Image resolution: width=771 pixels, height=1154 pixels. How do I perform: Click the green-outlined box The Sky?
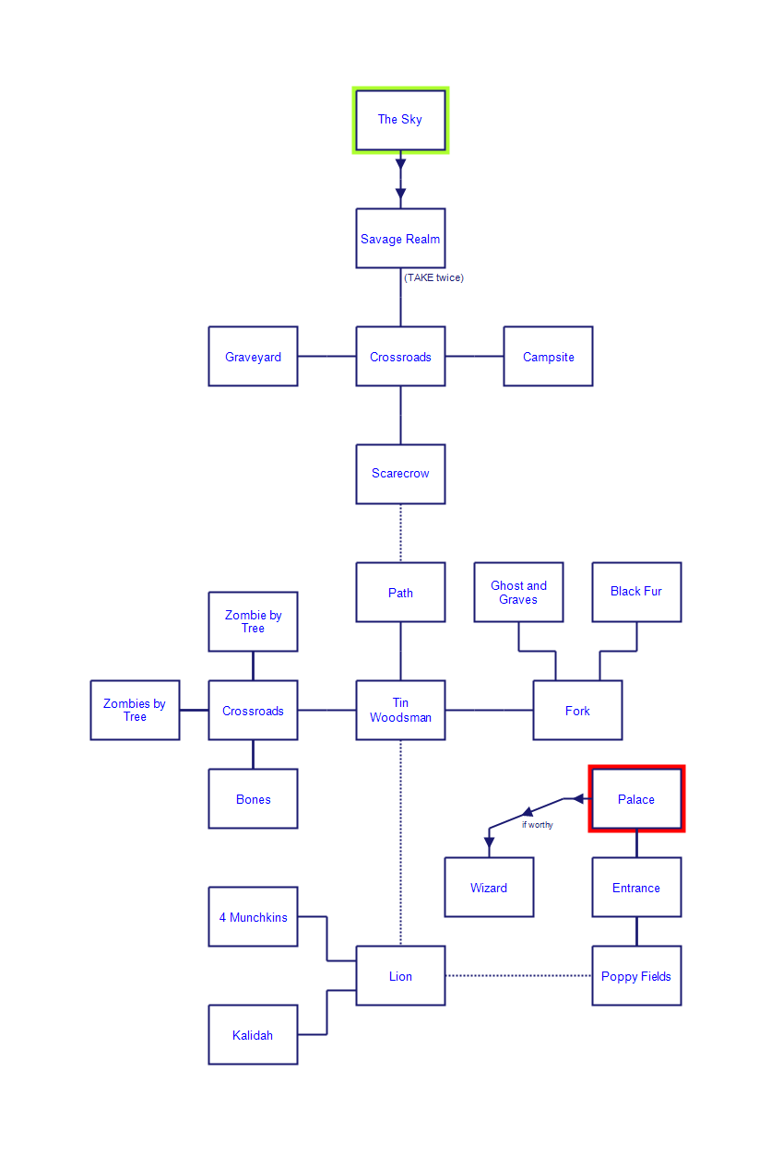[x=400, y=120]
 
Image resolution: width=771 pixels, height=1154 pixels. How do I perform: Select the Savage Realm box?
[x=400, y=239]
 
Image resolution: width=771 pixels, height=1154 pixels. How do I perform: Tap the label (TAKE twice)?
[x=433, y=277]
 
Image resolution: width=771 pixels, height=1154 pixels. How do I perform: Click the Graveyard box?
[x=253, y=357]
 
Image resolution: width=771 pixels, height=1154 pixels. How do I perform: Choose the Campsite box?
[x=548, y=357]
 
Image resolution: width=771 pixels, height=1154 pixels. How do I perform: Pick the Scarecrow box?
[x=400, y=474]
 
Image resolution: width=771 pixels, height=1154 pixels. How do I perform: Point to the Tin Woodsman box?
[x=400, y=710]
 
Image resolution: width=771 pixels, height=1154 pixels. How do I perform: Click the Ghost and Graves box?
[x=518, y=592]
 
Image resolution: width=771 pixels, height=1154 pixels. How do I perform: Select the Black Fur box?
[x=636, y=592]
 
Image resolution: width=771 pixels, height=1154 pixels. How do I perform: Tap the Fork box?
[x=577, y=710]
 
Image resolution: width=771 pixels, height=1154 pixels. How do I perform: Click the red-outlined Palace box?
[x=636, y=799]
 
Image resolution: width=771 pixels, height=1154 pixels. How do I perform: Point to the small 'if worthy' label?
[x=538, y=825]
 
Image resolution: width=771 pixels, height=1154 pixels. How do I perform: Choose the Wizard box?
[x=489, y=888]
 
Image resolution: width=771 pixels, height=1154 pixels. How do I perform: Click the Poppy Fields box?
[x=636, y=976]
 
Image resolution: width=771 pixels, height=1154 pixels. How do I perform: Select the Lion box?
[x=400, y=976]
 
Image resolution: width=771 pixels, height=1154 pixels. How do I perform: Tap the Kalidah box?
[x=253, y=1035]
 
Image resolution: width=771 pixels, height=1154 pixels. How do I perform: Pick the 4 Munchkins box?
[x=253, y=917]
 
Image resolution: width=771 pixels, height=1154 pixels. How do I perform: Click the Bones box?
[x=253, y=799]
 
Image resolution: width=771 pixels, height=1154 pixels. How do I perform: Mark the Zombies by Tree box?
[x=135, y=710]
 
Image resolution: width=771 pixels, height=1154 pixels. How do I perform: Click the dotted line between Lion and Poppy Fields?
[x=518, y=976]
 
